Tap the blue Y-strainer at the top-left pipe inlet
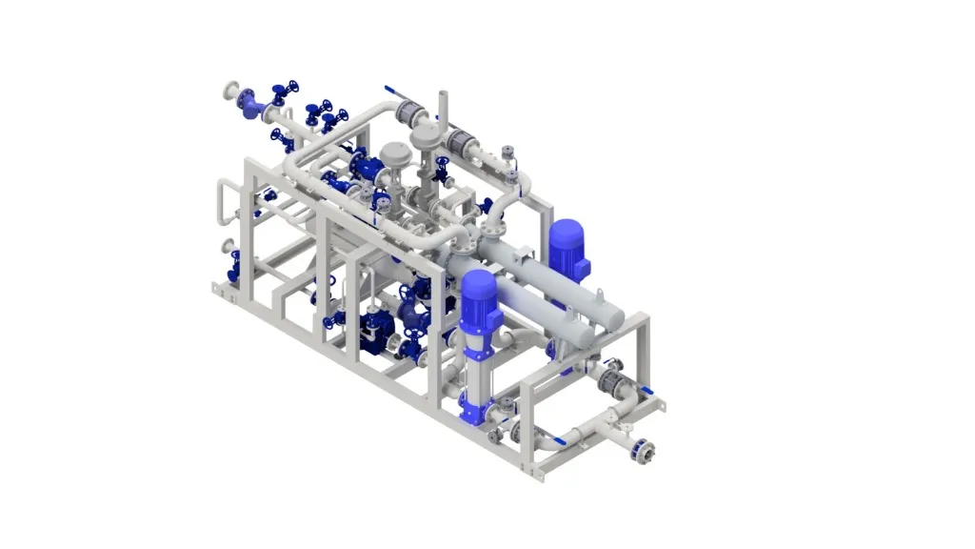(x=250, y=104)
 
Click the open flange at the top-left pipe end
(x=229, y=91)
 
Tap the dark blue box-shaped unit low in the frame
(x=376, y=329)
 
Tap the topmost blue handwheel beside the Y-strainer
(x=279, y=91)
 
